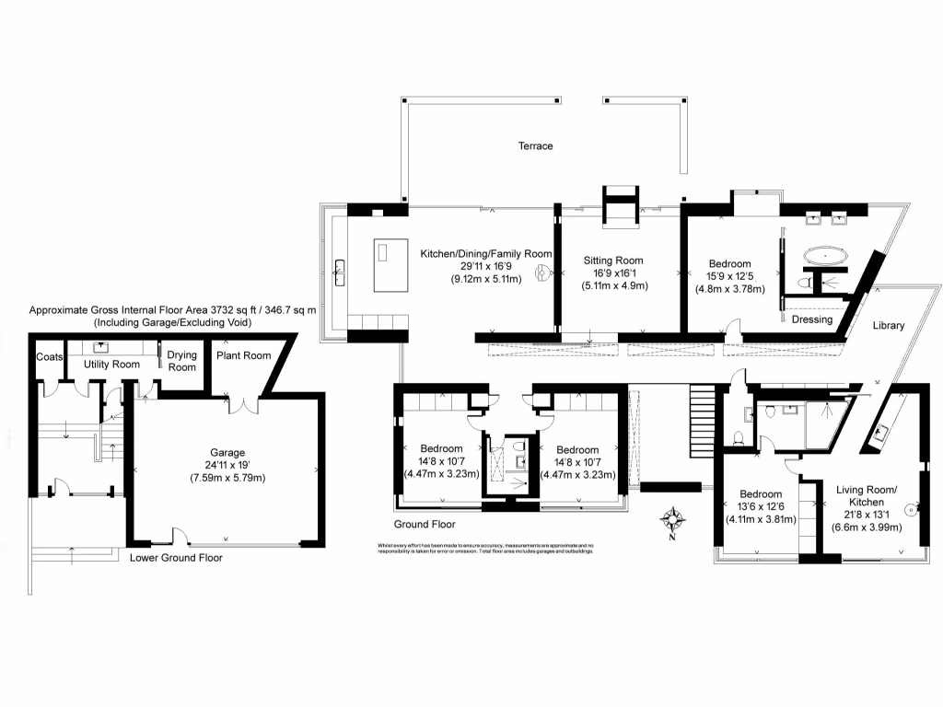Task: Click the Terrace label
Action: [535, 146]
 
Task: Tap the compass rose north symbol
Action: [672, 521]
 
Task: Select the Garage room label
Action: [227, 452]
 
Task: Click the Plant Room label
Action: [243, 356]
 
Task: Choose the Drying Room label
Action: [181, 361]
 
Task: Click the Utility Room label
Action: [111, 365]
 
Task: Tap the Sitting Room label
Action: [613, 261]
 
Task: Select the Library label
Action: [889, 325]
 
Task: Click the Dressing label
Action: [811, 319]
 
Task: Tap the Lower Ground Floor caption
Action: [176, 558]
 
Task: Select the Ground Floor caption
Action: [425, 525]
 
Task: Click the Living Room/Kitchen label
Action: [866, 495]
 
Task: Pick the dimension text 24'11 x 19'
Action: [227, 465]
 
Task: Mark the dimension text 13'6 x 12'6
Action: [760, 506]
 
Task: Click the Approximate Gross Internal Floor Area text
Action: [172, 311]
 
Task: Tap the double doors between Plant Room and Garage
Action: [243, 406]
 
